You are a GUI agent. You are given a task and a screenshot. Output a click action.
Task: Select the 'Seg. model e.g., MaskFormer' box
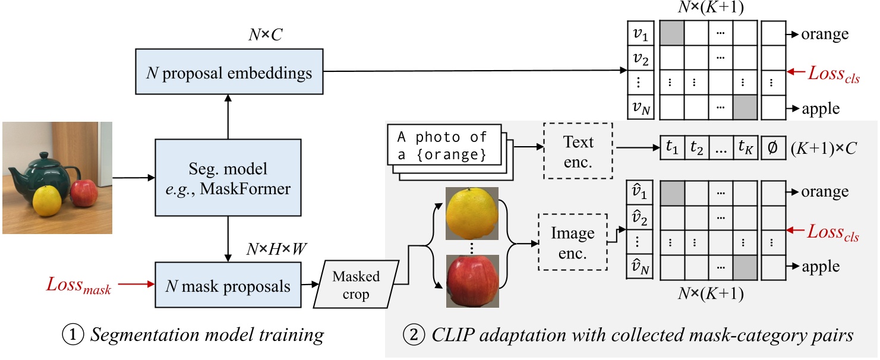coord(228,177)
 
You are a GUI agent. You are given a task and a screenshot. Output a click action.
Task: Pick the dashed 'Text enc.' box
coord(578,150)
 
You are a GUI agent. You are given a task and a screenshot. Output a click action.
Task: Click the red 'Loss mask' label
coord(79,286)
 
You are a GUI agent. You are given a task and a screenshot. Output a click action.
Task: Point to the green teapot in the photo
coord(41,167)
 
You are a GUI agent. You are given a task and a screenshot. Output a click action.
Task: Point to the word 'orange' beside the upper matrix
coord(824,34)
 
